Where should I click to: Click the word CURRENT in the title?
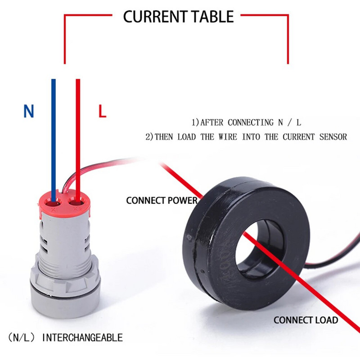pyautogui.click(x=151, y=17)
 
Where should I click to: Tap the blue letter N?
pyautogui.click(x=29, y=111)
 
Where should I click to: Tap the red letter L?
pyautogui.click(x=103, y=111)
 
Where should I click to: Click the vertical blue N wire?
pyautogui.click(x=54, y=135)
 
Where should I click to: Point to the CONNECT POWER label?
pyautogui.click(x=162, y=200)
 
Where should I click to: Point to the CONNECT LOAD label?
pyautogui.click(x=306, y=320)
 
